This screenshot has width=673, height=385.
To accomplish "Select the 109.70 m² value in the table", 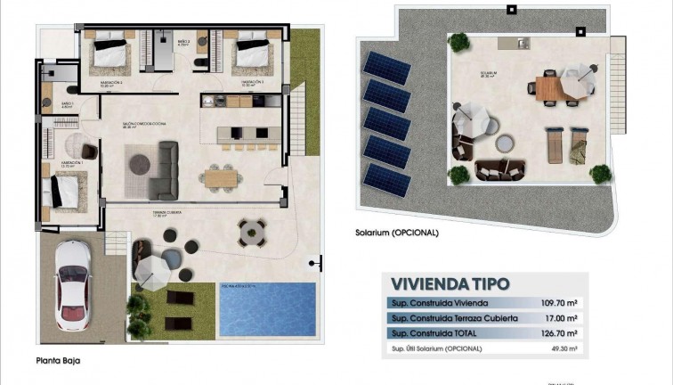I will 559,303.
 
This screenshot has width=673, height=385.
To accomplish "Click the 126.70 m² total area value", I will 559,332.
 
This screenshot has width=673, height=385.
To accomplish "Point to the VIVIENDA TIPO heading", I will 450,283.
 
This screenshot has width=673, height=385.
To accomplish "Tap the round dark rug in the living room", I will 141,163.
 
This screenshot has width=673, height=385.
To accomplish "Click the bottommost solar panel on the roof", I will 387,182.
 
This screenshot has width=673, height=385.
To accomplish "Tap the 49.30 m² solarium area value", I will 562,348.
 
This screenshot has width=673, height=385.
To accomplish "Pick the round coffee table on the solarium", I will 504,142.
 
